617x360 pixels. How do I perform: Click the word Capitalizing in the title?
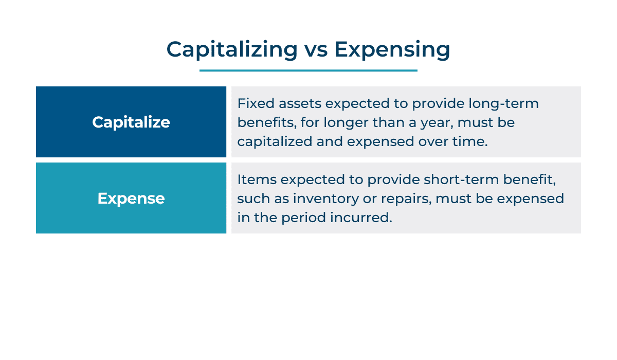(232, 50)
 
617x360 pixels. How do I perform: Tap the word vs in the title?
(316, 51)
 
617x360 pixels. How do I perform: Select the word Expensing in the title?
(392, 50)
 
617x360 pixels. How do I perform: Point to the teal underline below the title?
(308, 70)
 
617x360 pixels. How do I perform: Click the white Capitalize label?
(131, 122)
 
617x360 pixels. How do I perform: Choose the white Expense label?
(131, 199)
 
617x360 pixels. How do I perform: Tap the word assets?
(300, 104)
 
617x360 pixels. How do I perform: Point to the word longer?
(346, 123)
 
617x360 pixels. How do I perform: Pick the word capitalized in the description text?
(275, 142)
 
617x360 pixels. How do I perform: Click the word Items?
(257, 180)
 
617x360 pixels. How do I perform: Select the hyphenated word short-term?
(461, 180)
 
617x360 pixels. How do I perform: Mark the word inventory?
(325, 199)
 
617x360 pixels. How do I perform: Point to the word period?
(303, 218)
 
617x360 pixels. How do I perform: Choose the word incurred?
(361, 218)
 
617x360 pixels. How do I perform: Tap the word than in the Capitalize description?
(388, 122)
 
